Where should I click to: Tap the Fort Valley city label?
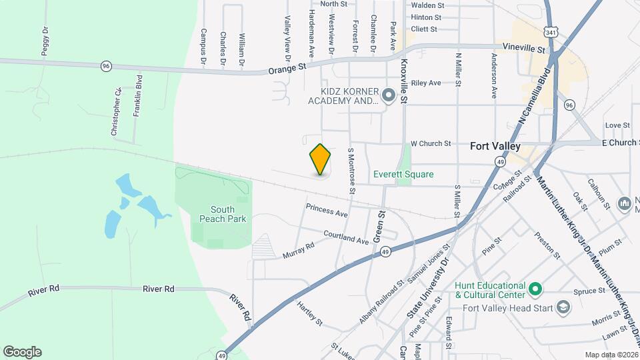pos(495,146)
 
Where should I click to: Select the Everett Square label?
pos(403,175)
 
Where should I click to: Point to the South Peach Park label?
pos(223,213)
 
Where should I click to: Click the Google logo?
pos(22,352)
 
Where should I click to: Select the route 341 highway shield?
pos(549,31)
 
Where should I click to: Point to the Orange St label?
pos(287,68)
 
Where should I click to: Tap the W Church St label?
pos(431,143)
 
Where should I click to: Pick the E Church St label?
pos(620,143)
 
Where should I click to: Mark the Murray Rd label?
pos(298,251)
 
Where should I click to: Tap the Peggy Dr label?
pos(45,41)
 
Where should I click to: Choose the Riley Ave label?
pos(426,83)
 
